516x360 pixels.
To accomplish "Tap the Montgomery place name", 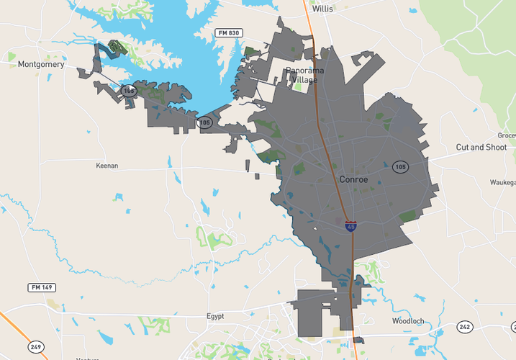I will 41,65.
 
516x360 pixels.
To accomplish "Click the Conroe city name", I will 354,179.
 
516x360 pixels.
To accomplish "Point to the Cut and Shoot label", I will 481,148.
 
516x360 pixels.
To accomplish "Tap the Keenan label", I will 107,166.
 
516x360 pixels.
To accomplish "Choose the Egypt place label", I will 215,316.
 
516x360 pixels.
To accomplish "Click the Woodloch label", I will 409,320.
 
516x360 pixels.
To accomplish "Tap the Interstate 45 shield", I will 350,227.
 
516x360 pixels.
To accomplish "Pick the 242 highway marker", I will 465,327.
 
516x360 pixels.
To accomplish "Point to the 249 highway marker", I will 36,347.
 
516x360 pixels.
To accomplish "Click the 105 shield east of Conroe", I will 400,167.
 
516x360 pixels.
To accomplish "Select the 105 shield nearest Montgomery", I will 204,122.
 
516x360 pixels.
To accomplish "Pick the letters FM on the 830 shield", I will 222,33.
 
